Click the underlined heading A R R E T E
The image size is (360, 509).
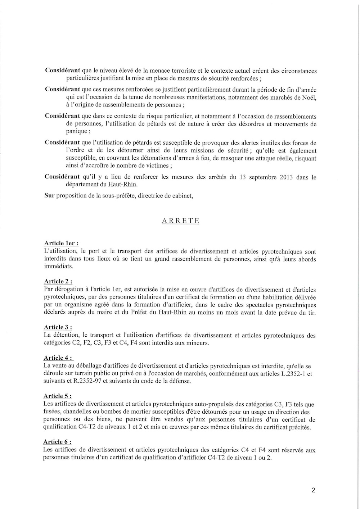tap(180, 221)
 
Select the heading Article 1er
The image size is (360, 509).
tap(61, 244)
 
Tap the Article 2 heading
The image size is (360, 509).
tap(58, 281)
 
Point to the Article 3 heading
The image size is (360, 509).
tap(58, 327)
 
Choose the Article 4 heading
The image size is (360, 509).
tap(58, 358)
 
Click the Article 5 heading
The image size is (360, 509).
tap(58, 396)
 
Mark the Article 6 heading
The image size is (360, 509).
tap(57, 442)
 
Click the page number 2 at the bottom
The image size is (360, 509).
tap(313, 490)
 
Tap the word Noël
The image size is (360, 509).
tap(309, 97)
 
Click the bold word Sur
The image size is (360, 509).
tap(50, 196)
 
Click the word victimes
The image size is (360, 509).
tap(154, 165)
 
